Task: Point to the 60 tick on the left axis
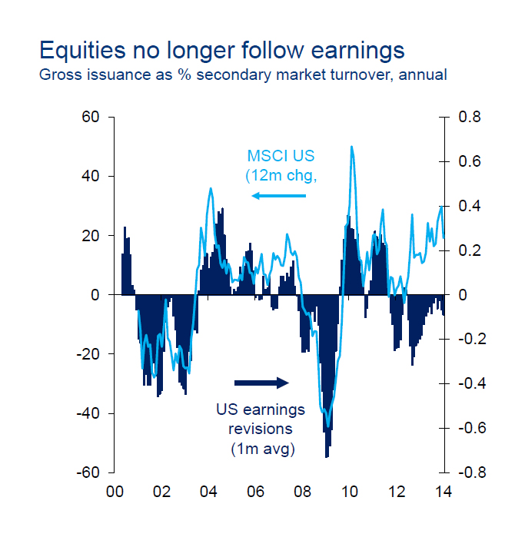(x=91, y=118)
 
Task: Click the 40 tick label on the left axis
(x=91, y=177)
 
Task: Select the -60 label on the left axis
(x=88, y=472)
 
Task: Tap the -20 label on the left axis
(x=88, y=354)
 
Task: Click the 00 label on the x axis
(x=115, y=492)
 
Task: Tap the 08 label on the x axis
(x=303, y=492)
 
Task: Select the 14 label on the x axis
(x=444, y=492)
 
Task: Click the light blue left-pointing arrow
(x=278, y=196)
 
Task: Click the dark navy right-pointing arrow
(x=261, y=383)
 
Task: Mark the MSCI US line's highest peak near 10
(x=351, y=147)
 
